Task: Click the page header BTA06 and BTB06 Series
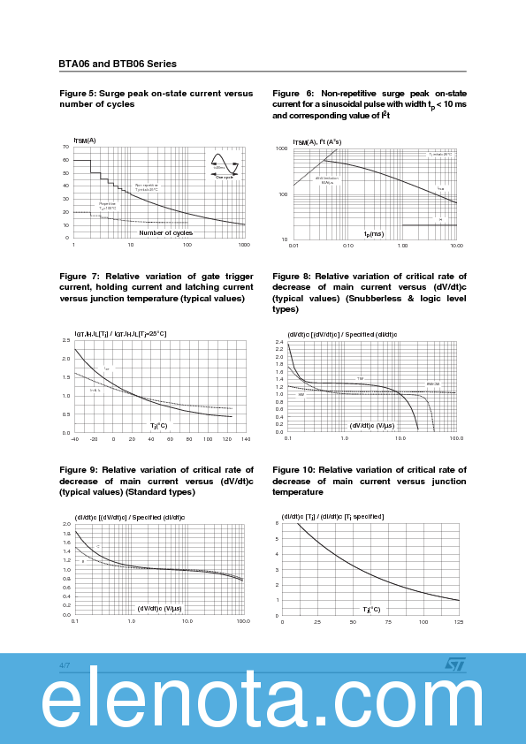tap(118, 64)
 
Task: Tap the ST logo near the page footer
tap(454, 664)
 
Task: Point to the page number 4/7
tap(65, 664)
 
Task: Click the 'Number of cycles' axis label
tap(165, 233)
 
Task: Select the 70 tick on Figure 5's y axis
tap(66, 147)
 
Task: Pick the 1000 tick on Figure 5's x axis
tap(244, 245)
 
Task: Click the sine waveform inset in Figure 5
tap(225, 164)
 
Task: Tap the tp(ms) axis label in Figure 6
tap(374, 234)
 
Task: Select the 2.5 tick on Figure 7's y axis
tap(66, 340)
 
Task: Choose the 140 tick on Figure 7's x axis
tap(246, 439)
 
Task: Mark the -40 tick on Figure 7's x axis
tap(74, 439)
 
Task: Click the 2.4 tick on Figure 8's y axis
tap(279, 342)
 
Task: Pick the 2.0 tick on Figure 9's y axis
tap(66, 524)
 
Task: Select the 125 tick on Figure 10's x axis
tap(458, 622)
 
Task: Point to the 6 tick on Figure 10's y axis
tap(277, 523)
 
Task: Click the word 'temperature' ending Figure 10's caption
tap(298, 492)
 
